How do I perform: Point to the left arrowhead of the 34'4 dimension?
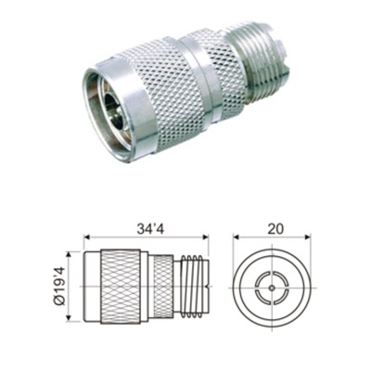tap(86, 236)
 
